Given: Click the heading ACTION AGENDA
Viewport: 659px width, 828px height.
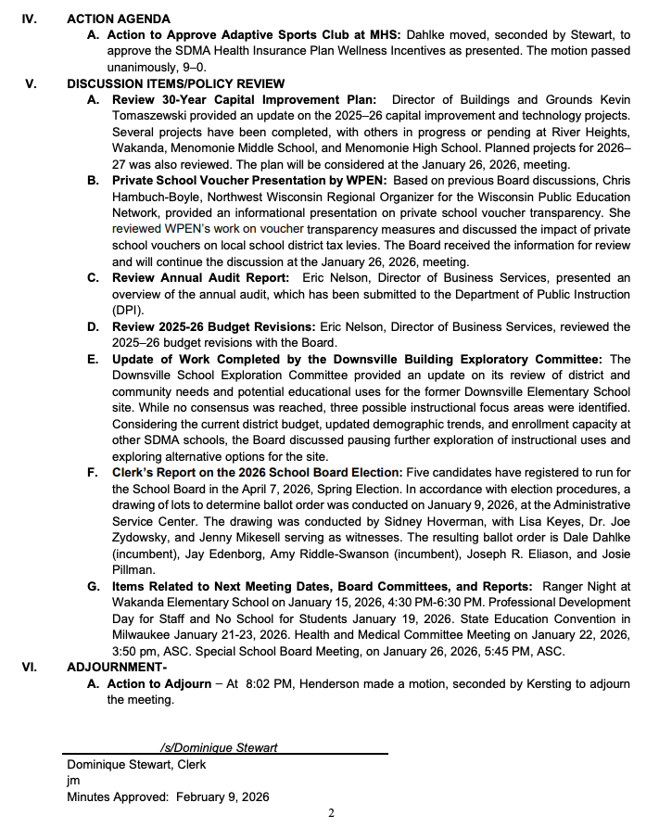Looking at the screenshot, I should point(119,19).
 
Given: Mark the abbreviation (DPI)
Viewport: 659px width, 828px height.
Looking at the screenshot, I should point(127,310).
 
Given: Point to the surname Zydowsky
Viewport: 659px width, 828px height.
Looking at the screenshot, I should point(145,538).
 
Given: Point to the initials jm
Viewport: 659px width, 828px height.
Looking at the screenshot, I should point(73,781).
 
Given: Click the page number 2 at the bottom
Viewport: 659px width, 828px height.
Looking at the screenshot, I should point(331,813).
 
